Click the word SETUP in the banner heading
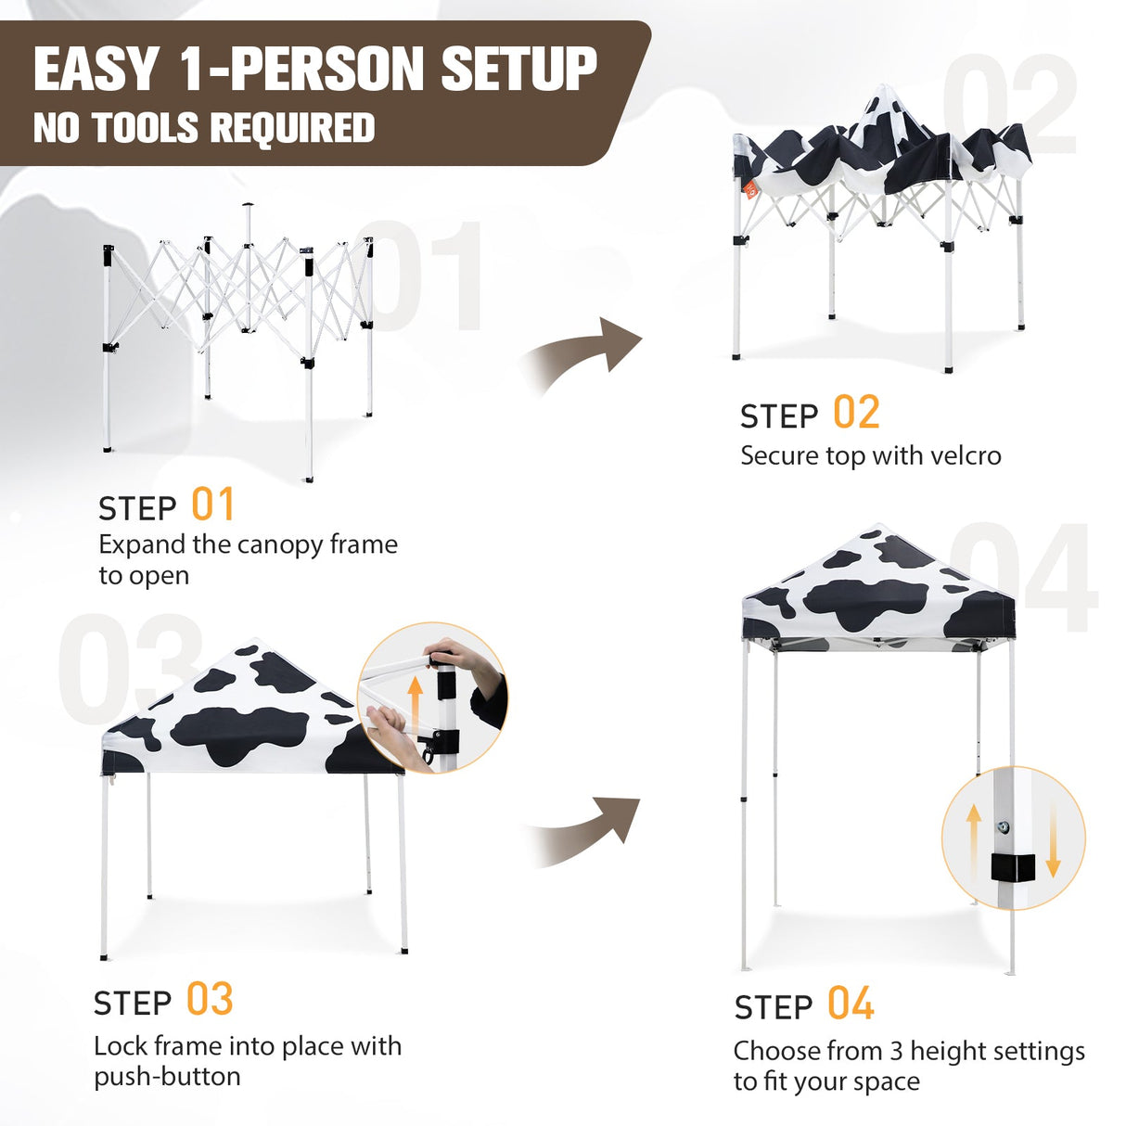(518, 70)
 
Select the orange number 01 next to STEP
(213, 505)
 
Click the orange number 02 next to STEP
(856, 413)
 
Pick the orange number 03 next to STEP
(210, 1000)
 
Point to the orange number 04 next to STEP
(851, 1004)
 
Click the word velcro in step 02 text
(966, 456)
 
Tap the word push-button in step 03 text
(167, 1077)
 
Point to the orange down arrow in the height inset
(1053, 839)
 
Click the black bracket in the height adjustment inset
(1012, 867)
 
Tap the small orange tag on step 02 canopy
(750, 190)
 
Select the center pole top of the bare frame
(247, 206)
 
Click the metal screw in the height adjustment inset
(1003, 827)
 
